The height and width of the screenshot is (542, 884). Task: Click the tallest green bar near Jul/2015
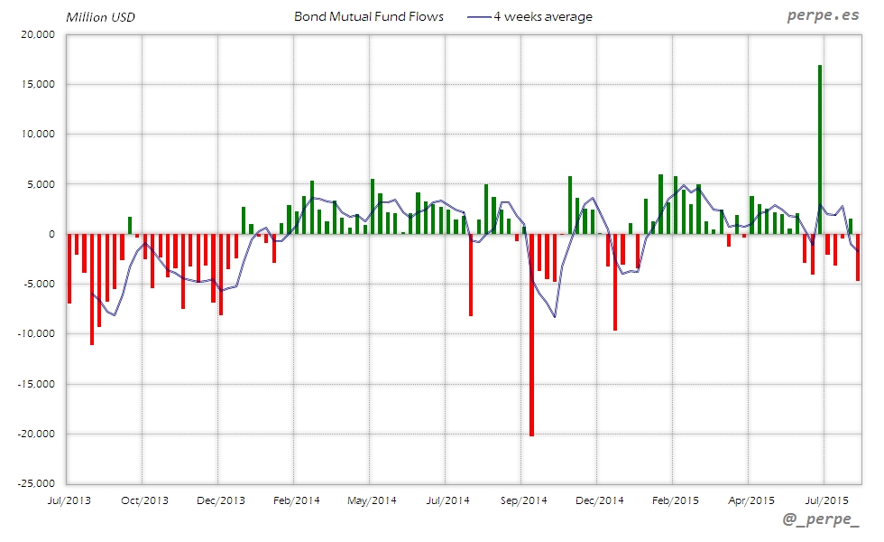click(x=820, y=149)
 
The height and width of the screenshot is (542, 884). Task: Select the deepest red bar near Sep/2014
click(x=531, y=334)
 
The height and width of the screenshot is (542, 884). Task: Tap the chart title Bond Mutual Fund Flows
click(x=369, y=16)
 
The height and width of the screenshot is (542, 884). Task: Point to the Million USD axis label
click(x=100, y=17)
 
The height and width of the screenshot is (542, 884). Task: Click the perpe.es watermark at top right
click(x=824, y=15)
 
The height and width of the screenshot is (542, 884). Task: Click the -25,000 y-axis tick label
click(x=36, y=483)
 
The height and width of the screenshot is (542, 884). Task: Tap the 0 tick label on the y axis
click(x=51, y=234)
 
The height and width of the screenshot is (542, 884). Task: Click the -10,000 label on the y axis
click(x=36, y=333)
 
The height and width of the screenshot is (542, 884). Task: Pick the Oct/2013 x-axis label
click(x=144, y=500)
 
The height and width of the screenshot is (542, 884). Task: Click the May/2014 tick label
click(x=372, y=500)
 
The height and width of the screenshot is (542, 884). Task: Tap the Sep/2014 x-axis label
click(x=524, y=500)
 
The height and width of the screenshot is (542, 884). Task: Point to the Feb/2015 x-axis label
click(x=676, y=500)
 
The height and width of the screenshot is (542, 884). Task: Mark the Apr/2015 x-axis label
click(x=751, y=500)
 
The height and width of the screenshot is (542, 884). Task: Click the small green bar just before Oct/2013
click(x=130, y=225)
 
